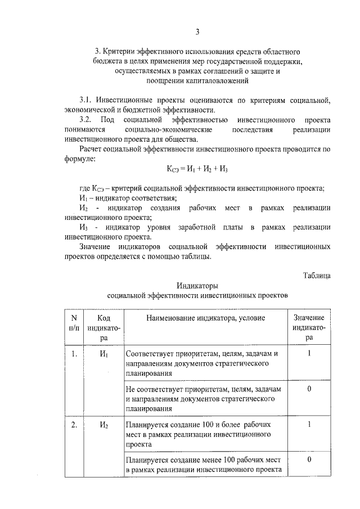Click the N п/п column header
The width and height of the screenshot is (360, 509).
[74, 322]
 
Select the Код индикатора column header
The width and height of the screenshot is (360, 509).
[102, 327]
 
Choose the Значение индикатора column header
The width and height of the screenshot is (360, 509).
[309, 327]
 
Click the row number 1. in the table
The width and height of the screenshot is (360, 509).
[74, 354]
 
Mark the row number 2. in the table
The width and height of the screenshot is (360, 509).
[74, 425]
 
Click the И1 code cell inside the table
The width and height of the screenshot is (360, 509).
[103, 354]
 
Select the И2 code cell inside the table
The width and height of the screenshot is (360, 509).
[103, 425]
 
